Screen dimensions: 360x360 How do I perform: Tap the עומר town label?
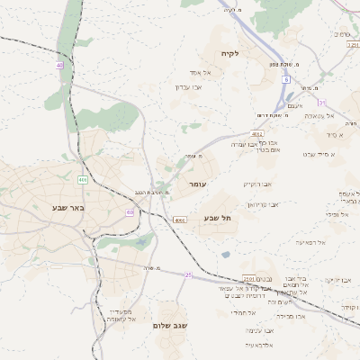[198, 184]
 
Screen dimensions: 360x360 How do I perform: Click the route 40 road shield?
[60, 66]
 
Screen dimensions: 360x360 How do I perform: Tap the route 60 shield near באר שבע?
[130, 212]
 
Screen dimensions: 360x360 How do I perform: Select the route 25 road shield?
[188, 274]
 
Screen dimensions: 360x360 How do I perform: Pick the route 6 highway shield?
[284, 80]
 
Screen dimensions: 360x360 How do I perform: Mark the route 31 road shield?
[321, 103]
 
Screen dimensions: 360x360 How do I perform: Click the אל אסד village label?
[200, 72]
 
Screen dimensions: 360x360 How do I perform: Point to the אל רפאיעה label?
[309, 242]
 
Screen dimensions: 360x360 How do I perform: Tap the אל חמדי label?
[243, 312]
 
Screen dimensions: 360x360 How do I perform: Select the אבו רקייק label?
[256, 184]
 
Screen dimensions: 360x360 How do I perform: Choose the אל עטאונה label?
[318, 115]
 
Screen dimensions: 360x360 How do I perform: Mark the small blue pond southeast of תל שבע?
[225, 255]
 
